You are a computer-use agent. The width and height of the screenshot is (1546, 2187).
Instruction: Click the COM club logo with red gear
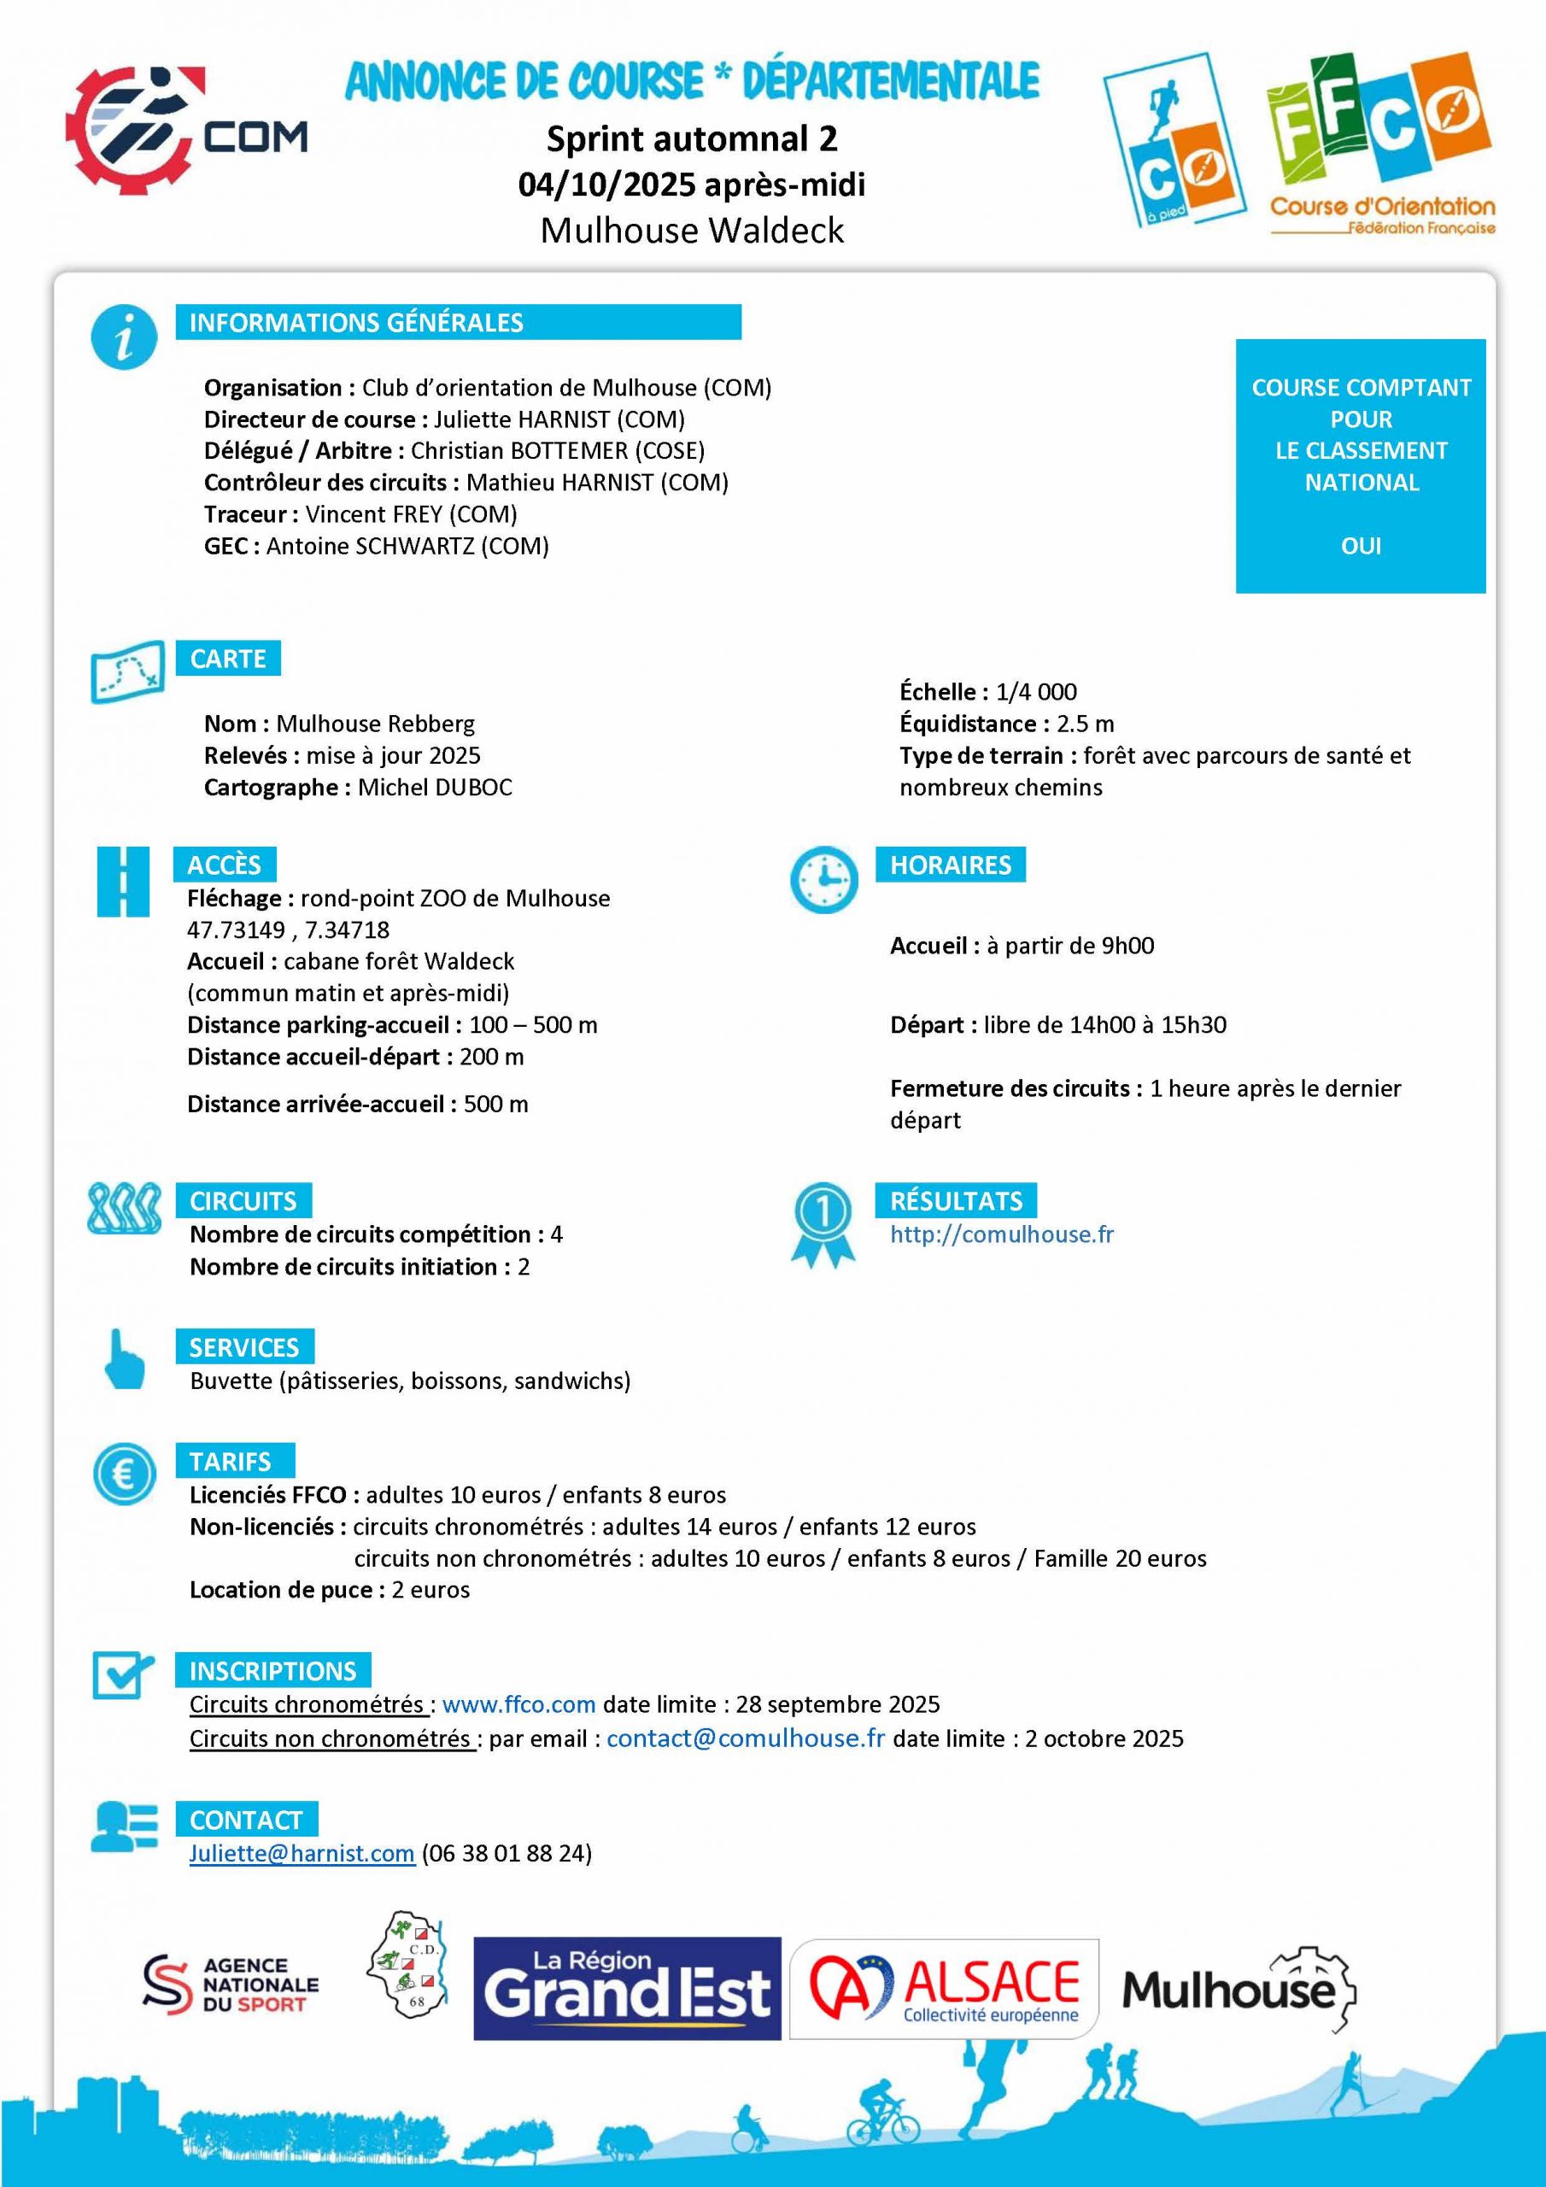[184, 132]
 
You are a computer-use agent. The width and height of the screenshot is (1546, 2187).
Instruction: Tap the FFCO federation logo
[1380, 143]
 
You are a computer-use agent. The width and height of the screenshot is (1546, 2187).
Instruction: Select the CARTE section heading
[228, 658]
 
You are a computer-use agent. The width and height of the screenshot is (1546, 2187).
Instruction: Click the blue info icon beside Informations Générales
[124, 338]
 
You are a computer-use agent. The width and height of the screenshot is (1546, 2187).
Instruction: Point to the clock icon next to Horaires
[823, 879]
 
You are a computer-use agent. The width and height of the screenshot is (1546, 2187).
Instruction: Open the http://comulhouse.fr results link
[1001, 1234]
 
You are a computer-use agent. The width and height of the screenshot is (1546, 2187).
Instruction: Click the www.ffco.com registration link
[518, 1704]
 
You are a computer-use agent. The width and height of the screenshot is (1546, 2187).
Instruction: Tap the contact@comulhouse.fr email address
[745, 1738]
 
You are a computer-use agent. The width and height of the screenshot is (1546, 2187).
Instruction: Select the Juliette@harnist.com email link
[301, 1853]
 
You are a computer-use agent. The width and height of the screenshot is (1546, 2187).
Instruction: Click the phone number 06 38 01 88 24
[506, 1853]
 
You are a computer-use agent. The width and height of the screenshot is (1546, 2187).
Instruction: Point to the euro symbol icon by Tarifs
[124, 1475]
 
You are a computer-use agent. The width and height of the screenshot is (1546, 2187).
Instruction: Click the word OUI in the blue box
[1361, 546]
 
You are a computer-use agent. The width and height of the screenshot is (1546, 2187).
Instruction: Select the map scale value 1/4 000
[1035, 691]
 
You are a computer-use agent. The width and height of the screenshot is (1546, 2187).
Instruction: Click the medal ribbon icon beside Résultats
[823, 1224]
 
